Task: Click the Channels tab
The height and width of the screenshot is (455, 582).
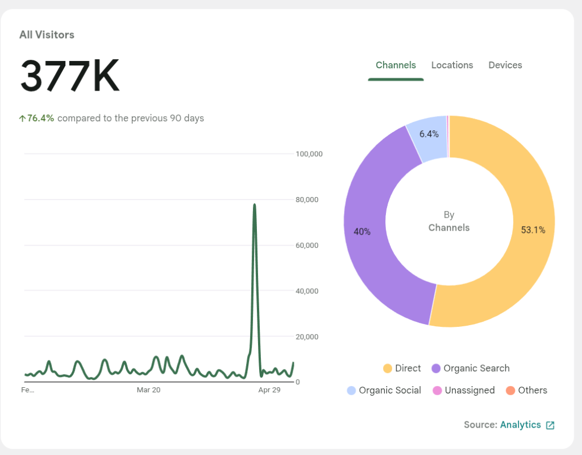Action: click(396, 65)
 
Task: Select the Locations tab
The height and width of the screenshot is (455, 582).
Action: click(452, 65)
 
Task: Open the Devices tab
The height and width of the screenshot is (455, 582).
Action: click(505, 65)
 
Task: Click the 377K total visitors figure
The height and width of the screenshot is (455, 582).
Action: click(70, 76)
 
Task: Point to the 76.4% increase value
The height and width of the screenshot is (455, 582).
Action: click(40, 118)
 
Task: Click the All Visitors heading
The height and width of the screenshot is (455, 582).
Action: click(47, 35)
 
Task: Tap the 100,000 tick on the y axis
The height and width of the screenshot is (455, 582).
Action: click(309, 154)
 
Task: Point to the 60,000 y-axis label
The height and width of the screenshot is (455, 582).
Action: click(307, 245)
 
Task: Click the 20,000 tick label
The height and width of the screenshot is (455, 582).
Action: click(307, 337)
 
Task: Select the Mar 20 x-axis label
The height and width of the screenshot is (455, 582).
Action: click(148, 390)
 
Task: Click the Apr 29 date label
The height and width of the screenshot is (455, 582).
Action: click(269, 390)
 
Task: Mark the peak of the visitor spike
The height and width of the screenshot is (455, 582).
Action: click(254, 204)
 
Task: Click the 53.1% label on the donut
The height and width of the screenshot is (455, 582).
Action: click(533, 230)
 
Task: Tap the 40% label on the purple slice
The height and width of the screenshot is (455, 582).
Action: click(362, 232)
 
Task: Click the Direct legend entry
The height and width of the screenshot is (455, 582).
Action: click(402, 368)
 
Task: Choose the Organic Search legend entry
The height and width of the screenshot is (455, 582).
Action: click(471, 368)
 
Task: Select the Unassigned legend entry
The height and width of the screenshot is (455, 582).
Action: click(464, 390)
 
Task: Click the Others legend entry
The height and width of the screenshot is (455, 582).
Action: click(527, 390)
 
